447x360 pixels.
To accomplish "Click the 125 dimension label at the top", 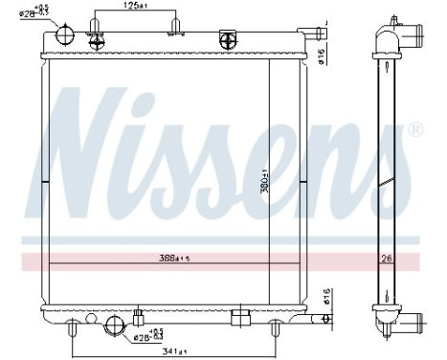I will click(x=133, y=7).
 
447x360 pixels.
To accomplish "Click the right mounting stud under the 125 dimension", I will click(x=174, y=27).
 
